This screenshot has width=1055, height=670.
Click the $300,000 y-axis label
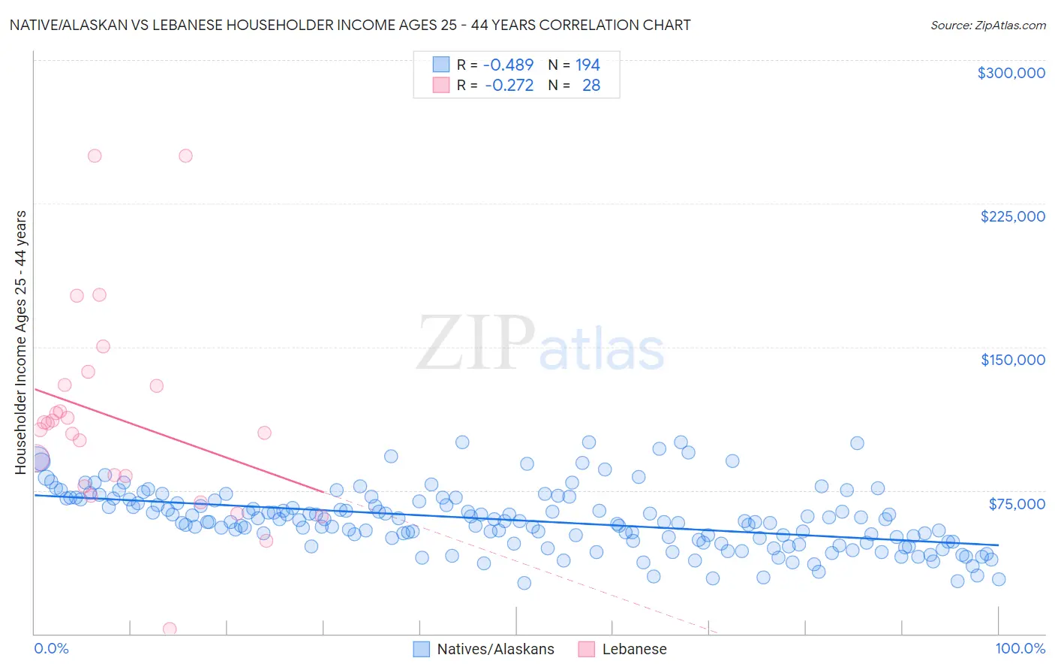click(x=1011, y=73)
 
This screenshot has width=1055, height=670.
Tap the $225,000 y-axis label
click(x=1012, y=216)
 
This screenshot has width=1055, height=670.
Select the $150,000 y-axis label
click(x=1012, y=360)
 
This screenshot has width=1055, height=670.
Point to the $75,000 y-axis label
click(x=1017, y=504)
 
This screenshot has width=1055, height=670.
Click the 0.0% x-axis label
click(x=51, y=648)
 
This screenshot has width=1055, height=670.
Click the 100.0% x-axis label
click(x=1020, y=648)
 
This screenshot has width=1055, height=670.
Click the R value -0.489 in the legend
click(x=508, y=65)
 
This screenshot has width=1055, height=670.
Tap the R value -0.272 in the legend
click(x=509, y=86)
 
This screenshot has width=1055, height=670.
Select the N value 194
click(x=588, y=65)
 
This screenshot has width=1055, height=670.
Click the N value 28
click(x=591, y=86)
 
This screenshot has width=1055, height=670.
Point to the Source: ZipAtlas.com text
click(x=987, y=25)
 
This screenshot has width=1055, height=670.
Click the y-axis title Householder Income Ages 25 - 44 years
click(x=21, y=343)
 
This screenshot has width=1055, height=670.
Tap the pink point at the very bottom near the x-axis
click(x=170, y=629)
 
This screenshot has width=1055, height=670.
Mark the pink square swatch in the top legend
click(x=440, y=86)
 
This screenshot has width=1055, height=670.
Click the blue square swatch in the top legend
click(x=440, y=65)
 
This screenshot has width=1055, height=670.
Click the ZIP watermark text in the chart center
click(x=475, y=343)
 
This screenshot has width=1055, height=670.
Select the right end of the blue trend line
click(x=998, y=545)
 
